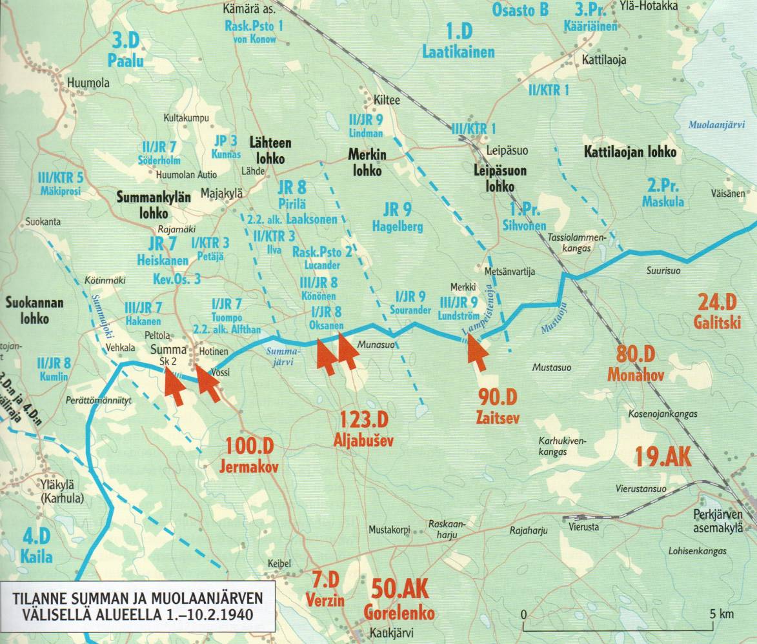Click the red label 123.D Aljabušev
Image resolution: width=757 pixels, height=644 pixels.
[365, 429]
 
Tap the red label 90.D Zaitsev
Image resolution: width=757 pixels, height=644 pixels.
[498, 404]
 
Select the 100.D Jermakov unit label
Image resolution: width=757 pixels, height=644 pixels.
[252, 455]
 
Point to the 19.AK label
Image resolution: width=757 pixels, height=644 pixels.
[663, 457]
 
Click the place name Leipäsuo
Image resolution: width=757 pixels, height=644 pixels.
[507, 150]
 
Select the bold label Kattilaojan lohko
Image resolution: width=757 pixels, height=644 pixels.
[629, 152]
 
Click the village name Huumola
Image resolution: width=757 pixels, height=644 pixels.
[88, 83]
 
